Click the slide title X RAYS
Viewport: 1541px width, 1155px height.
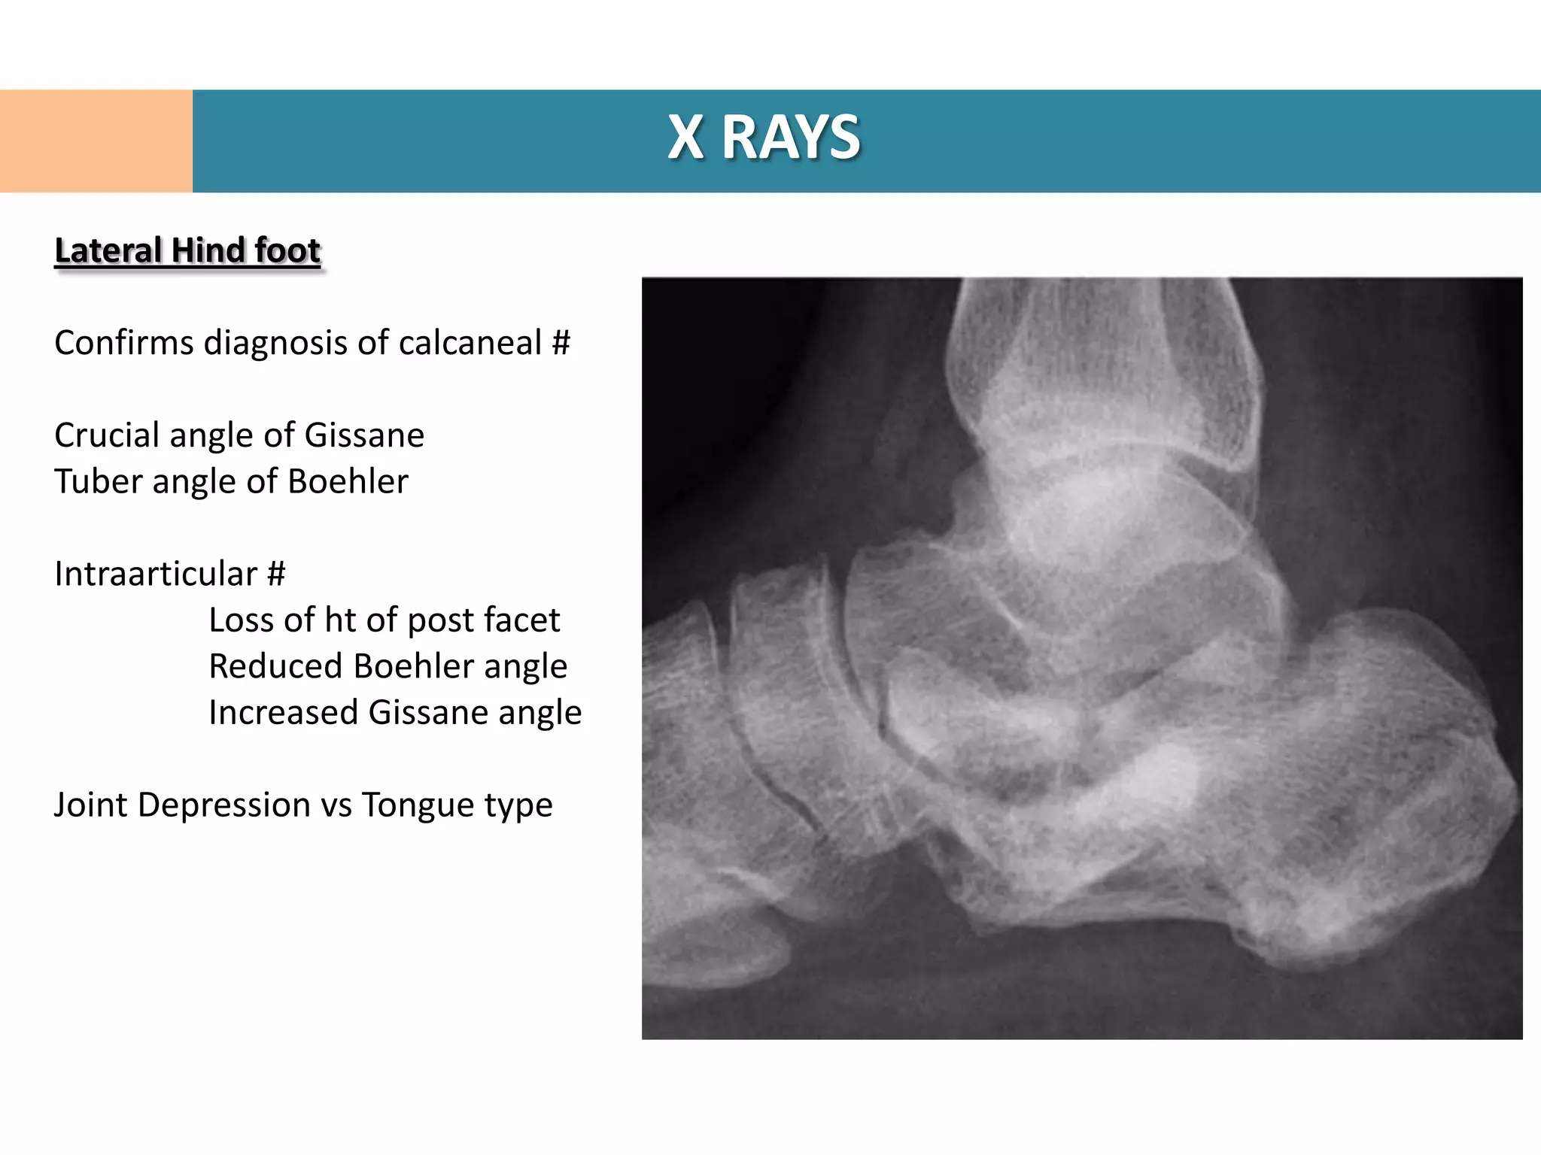point(764,138)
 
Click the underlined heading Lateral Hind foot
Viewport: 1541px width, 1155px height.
point(187,250)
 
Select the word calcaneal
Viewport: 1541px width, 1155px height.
point(470,343)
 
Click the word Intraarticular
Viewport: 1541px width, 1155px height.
point(156,574)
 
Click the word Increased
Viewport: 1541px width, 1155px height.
point(283,712)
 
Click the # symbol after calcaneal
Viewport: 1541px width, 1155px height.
point(561,343)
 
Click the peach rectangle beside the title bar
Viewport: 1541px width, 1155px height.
point(96,141)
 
